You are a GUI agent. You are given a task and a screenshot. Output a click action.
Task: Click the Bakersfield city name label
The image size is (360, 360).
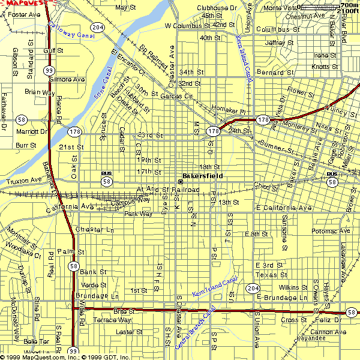click(x=203, y=176)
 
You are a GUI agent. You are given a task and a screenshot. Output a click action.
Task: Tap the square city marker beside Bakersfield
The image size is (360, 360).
click(x=180, y=182)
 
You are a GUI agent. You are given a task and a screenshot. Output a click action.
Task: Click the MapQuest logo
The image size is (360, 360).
click(x=25, y=3)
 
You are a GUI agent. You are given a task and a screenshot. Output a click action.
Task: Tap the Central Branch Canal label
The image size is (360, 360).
click(x=194, y=330)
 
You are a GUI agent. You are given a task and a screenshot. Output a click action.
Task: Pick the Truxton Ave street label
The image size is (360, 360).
click(x=24, y=179)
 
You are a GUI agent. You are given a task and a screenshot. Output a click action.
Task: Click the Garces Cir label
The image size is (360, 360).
click(x=179, y=95)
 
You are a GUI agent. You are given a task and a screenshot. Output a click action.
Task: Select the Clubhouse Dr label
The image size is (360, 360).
click(x=217, y=8)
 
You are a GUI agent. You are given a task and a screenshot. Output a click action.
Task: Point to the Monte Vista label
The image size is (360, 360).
click(x=280, y=8)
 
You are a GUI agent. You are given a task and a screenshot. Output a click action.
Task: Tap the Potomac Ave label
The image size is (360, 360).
click(x=331, y=230)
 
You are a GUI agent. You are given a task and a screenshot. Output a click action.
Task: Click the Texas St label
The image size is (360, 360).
click(x=266, y=274)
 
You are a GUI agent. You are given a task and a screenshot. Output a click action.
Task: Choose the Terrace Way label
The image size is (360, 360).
click(x=112, y=320)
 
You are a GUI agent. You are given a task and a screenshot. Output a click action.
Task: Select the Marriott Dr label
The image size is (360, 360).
click(x=31, y=131)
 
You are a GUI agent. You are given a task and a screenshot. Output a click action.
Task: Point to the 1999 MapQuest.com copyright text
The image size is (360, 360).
click(x=66, y=356)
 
